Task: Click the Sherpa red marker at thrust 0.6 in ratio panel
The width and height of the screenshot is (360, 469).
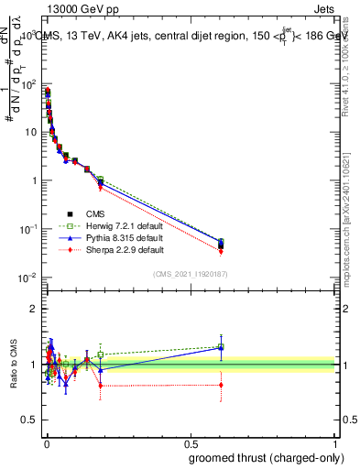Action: (222, 385)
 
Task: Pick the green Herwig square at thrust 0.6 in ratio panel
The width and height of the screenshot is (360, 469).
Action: (222, 346)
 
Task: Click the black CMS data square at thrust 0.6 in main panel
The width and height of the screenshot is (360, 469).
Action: (222, 244)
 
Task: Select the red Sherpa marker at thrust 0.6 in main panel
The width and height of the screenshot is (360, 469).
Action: (222, 252)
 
